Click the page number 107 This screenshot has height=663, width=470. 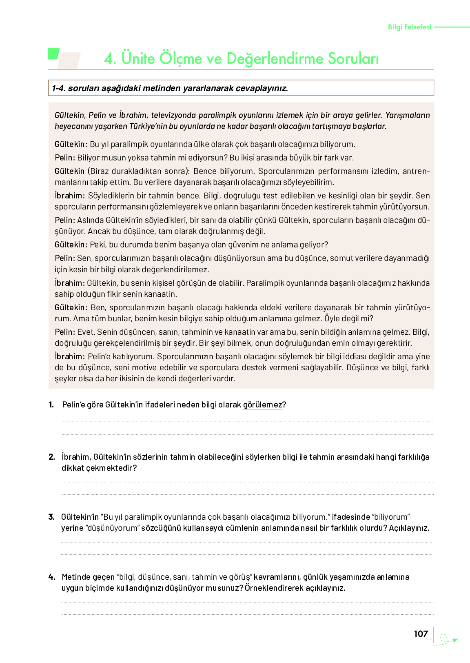tap(421, 634)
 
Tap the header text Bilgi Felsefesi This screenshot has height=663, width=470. tap(409, 27)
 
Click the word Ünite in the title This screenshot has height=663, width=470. tap(138, 58)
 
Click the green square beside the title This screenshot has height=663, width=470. tap(53, 53)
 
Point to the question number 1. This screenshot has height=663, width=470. tap(51, 405)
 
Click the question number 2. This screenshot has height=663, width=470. tap(51, 457)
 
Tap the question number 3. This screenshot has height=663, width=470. tap(51, 517)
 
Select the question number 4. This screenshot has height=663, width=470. tap(51, 577)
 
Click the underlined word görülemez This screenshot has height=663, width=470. tap(262, 405)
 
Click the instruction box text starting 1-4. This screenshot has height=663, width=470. tap(170, 88)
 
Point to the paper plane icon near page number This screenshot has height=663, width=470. tap(448, 639)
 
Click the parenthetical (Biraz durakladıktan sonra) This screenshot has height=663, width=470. tap(138, 171)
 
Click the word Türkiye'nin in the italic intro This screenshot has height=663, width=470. tap(148, 126)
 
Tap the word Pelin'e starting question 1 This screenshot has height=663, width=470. tap(73, 405)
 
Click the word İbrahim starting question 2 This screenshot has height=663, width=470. tap(75, 457)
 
